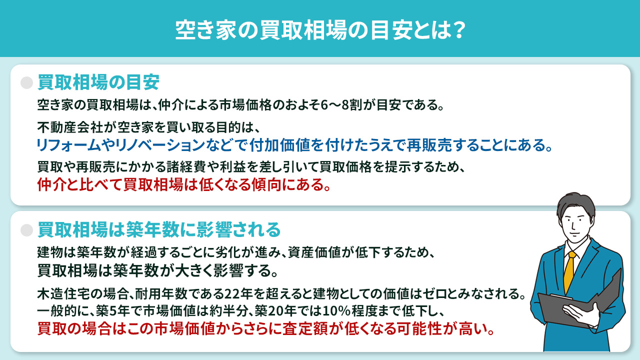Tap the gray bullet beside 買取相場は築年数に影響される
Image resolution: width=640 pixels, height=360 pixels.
[x=26, y=230]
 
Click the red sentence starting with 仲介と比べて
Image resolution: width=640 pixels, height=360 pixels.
[x=184, y=185]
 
